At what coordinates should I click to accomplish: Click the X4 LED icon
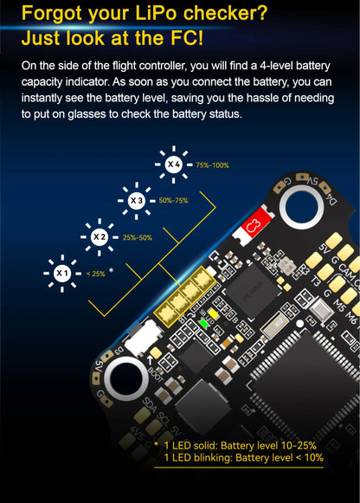(x=173, y=164)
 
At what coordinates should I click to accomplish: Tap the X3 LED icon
(x=135, y=200)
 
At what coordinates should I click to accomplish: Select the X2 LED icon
(x=99, y=236)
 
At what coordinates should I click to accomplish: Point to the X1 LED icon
(x=61, y=273)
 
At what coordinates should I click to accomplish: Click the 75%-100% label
(x=212, y=164)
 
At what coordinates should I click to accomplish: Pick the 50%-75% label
(x=173, y=201)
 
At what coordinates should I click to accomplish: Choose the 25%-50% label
(x=137, y=237)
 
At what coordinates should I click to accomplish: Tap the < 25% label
(x=95, y=274)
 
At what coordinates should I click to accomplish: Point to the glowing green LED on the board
(x=204, y=323)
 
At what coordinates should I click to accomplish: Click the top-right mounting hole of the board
(x=302, y=205)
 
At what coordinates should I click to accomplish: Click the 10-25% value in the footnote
(x=295, y=446)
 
